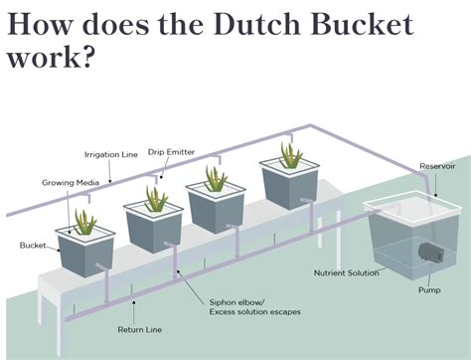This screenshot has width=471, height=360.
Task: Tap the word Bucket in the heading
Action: point(362,22)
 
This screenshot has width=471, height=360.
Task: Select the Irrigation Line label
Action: point(111,154)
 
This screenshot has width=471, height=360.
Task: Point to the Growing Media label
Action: point(67,183)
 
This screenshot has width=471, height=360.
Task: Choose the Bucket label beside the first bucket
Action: point(33,244)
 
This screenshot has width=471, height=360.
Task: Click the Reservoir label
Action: point(437,166)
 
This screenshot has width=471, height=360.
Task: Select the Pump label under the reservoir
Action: point(429,290)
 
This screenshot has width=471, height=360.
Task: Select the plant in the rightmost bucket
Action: point(290,155)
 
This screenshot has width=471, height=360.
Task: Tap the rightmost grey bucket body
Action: point(289,189)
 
